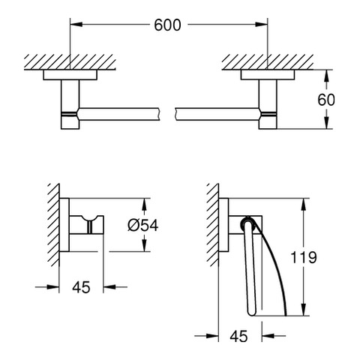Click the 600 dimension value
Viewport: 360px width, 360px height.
pyautogui.click(x=167, y=25)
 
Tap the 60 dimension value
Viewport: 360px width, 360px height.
pyautogui.click(x=326, y=100)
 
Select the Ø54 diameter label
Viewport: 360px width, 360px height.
pyautogui.click(x=143, y=225)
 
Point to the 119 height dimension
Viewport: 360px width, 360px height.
pyautogui.click(x=304, y=257)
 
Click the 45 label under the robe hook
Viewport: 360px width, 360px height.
pyautogui.click(x=81, y=287)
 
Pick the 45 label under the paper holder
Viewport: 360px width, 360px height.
pyautogui.click(x=238, y=336)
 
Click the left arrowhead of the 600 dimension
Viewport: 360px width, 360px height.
pyautogui.click(x=76, y=24)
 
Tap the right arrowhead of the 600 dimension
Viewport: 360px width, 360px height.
pyautogui.click(x=262, y=24)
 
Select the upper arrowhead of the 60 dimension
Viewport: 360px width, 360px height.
pyautogui.click(x=326, y=76)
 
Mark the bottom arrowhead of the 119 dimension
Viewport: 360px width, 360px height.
pyautogui.click(x=304, y=310)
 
